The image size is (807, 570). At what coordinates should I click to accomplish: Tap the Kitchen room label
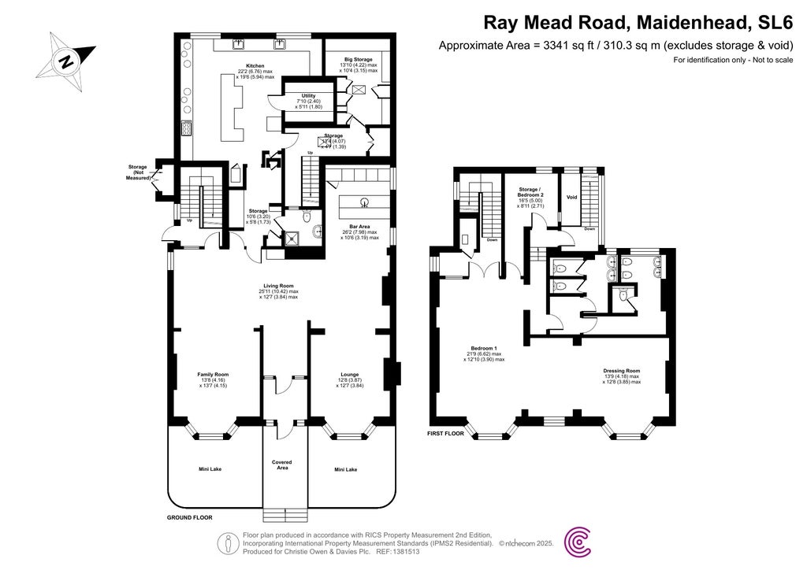click(255, 65)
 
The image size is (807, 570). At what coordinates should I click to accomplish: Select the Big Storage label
click(356, 59)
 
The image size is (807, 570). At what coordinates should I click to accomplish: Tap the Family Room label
click(213, 374)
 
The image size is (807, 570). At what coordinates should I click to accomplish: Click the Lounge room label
click(349, 374)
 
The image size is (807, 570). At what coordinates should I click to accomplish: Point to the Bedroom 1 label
click(484, 348)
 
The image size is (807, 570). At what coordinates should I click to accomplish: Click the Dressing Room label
click(621, 370)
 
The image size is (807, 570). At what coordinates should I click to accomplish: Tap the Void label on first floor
click(572, 198)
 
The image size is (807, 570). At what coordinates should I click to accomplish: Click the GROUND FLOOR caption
click(190, 517)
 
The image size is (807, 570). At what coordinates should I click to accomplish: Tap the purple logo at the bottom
click(581, 542)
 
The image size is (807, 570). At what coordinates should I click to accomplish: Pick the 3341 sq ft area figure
click(563, 45)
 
